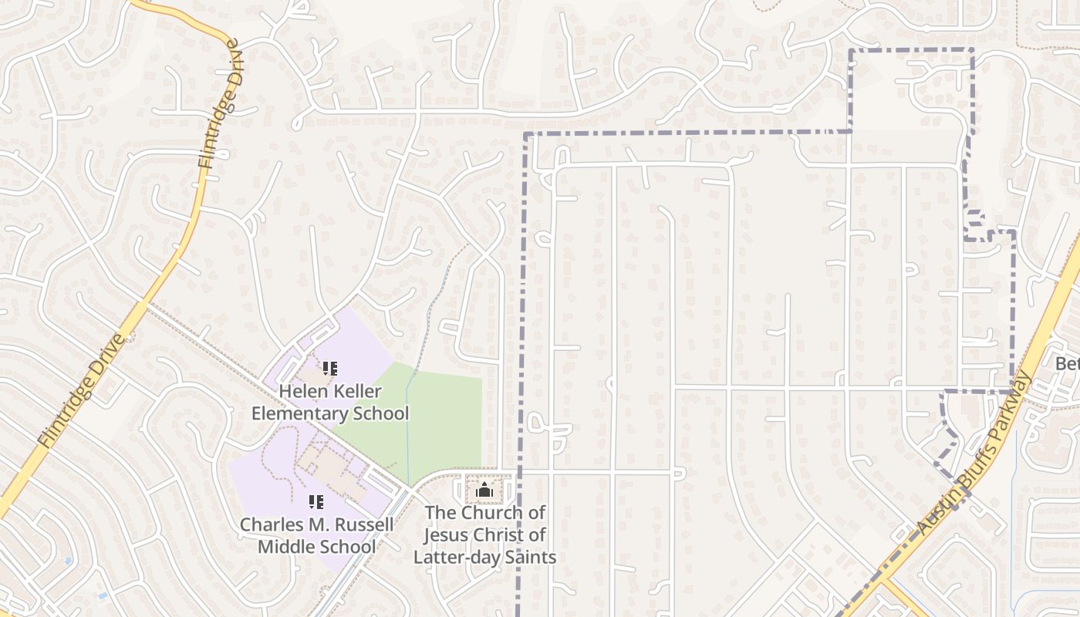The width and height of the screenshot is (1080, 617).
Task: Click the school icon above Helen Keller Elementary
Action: pyautogui.click(x=330, y=369)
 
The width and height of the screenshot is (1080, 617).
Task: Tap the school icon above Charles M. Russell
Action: pyautogui.click(x=316, y=502)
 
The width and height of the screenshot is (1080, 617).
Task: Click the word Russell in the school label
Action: pyautogui.click(x=365, y=524)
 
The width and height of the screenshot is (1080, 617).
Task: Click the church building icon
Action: pyautogui.click(x=484, y=490)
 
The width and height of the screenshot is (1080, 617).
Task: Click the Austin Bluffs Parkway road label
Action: pyautogui.click(x=974, y=455)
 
